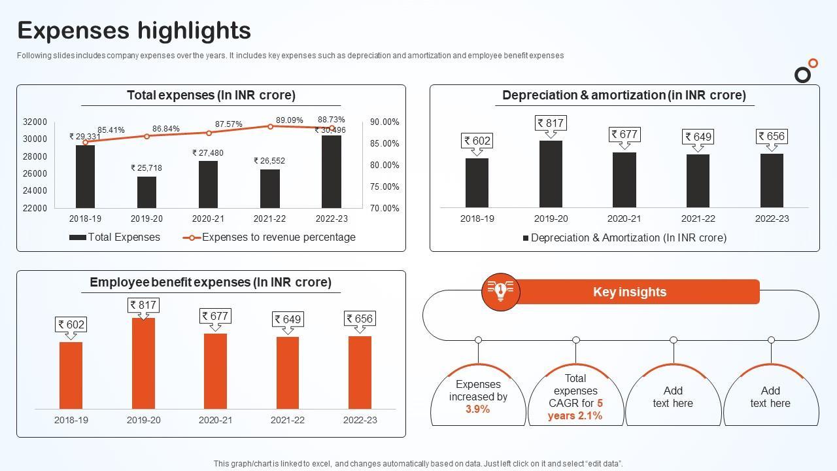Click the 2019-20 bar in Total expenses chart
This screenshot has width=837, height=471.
146,192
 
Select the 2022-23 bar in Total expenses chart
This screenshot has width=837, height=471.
331,172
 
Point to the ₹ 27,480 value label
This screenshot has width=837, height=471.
208,153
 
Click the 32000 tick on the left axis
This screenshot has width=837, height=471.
35,122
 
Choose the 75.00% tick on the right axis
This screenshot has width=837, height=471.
384,186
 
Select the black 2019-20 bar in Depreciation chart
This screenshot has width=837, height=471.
551,174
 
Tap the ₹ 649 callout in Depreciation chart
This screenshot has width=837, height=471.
698,137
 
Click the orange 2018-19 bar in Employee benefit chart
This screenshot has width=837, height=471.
71,375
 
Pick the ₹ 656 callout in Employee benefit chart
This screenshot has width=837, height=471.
360,319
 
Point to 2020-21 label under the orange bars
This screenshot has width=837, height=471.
215,420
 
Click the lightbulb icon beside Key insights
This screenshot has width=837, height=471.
500,291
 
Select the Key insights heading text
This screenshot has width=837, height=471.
630,292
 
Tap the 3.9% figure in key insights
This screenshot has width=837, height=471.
478,410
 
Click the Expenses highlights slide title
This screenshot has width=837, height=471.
134,30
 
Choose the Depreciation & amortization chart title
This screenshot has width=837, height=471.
624,96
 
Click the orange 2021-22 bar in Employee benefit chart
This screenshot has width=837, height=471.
288,373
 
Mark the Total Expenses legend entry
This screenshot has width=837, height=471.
115,237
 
